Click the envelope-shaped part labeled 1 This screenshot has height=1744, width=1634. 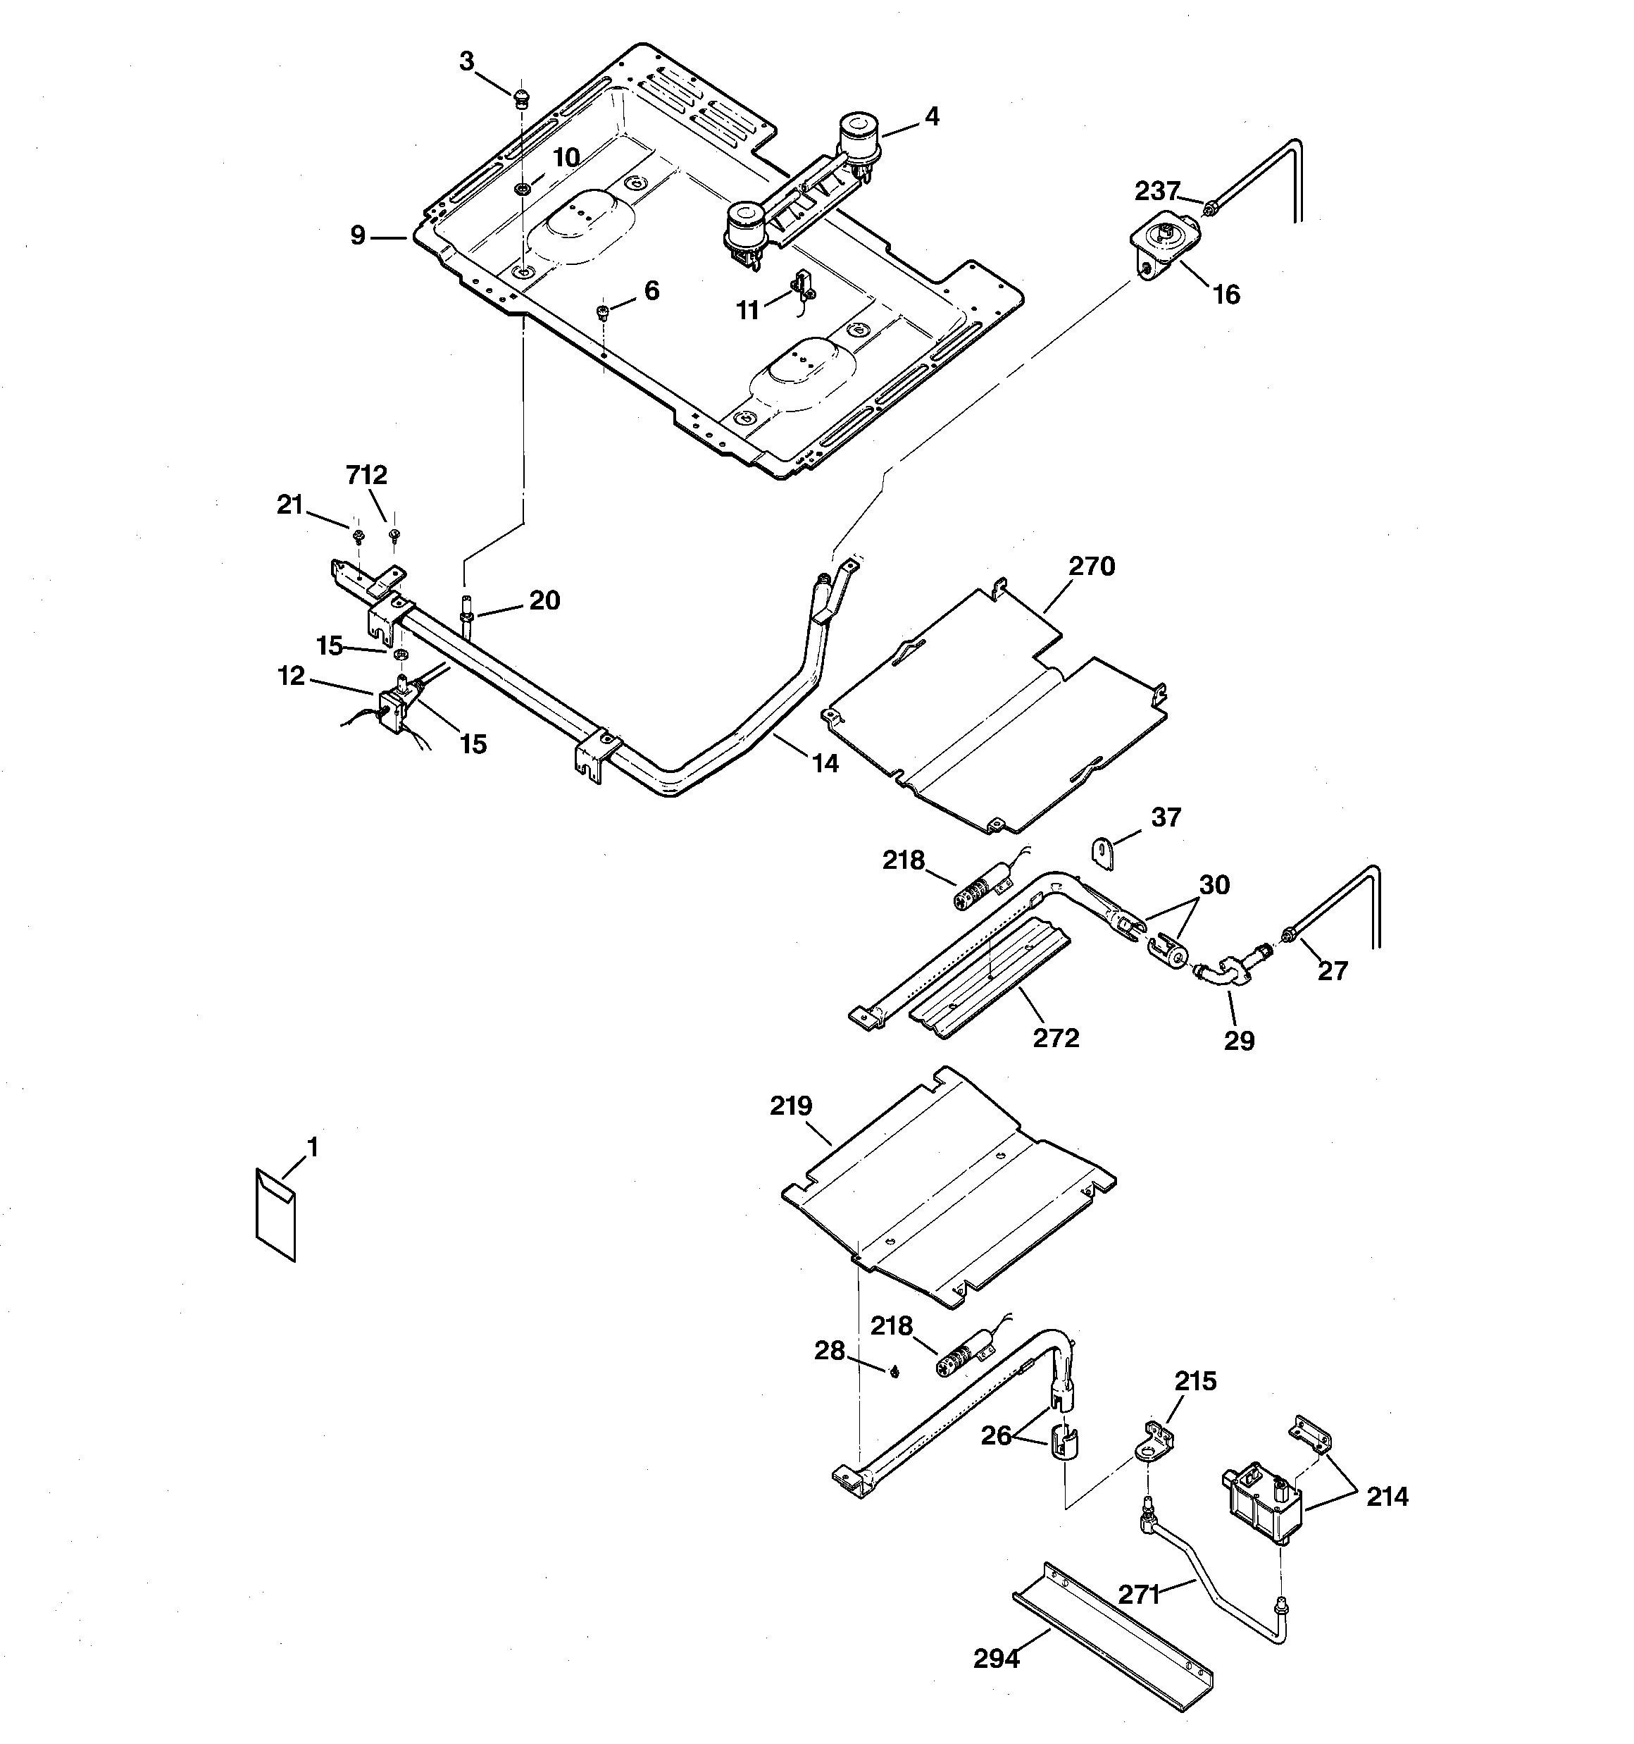pos(275,1215)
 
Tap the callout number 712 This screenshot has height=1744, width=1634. pos(367,476)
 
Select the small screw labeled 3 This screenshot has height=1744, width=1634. pos(522,97)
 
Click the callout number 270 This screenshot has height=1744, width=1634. pos(1091,567)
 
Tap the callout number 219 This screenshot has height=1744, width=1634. pos(791,1106)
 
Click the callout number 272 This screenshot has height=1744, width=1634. pos(1055,1038)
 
